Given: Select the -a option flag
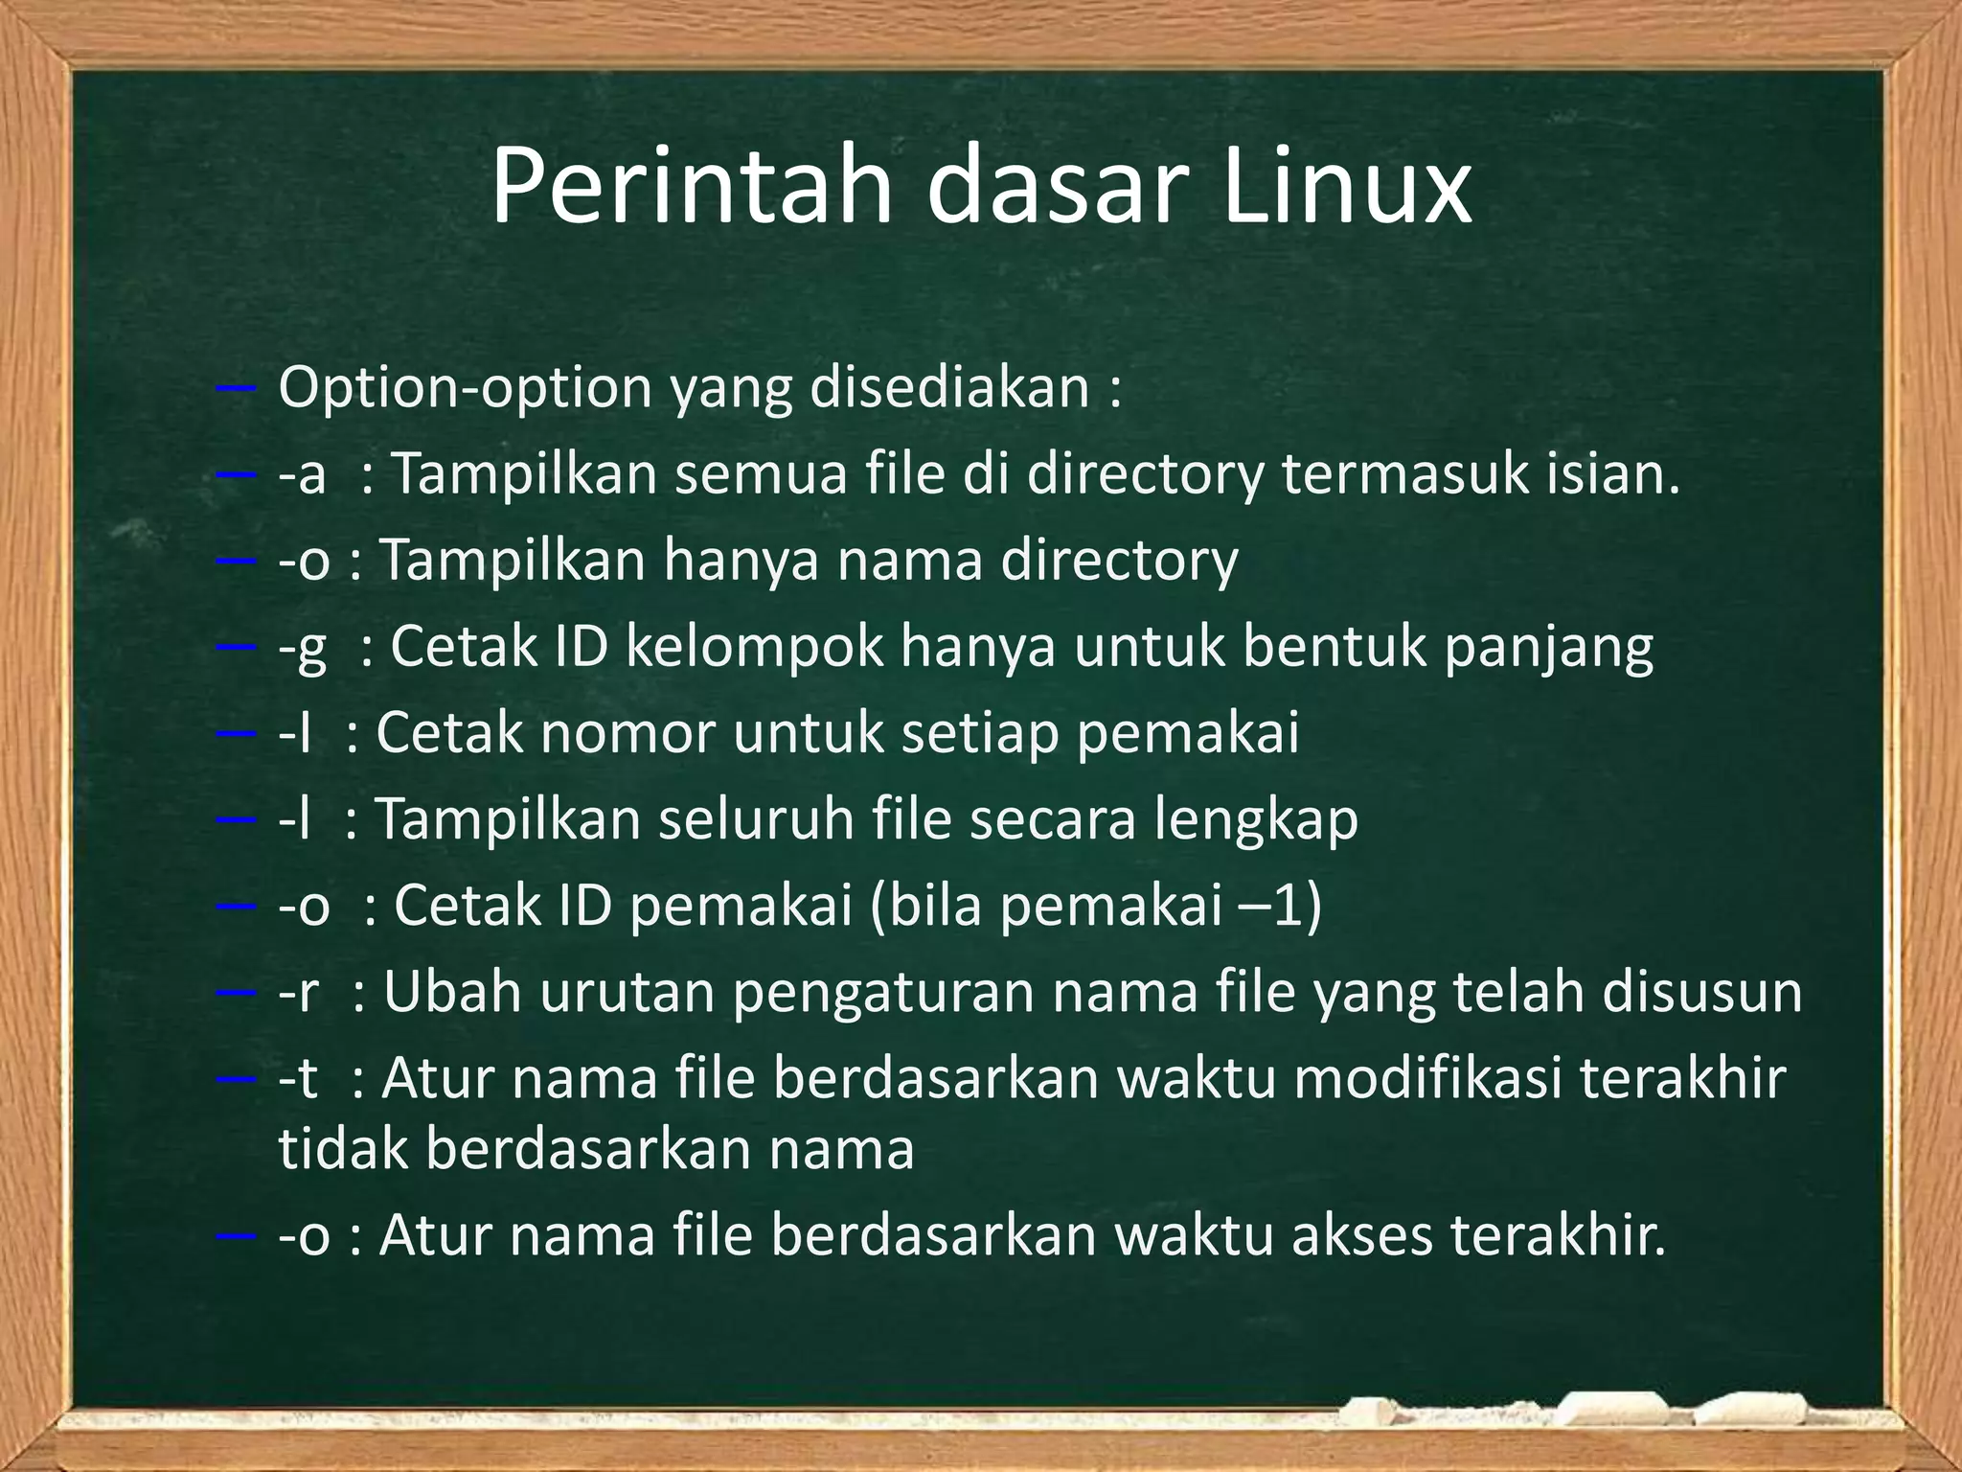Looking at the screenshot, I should (302, 474).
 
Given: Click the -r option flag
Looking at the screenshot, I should (298, 993).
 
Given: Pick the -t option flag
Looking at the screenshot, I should (297, 1079).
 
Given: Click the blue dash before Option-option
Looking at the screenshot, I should (236, 389).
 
